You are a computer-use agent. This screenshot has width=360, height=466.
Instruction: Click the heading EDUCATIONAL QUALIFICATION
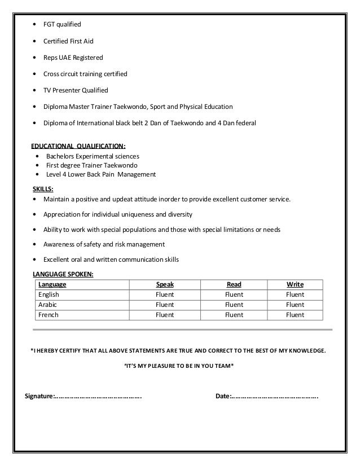point(78,146)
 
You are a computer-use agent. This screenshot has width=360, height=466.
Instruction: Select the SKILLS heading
point(44,190)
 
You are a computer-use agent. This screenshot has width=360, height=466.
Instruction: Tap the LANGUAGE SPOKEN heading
point(64,274)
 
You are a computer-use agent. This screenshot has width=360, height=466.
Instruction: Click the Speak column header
point(165,285)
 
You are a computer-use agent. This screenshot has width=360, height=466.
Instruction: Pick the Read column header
point(234,285)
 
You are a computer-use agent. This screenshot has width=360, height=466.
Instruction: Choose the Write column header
point(295,285)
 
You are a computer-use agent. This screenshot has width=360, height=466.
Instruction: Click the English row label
point(49,294)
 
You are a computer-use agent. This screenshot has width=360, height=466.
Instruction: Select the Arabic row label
point(47,305)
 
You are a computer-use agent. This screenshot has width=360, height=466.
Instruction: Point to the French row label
point(48,315)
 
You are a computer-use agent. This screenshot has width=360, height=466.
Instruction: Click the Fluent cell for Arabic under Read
point(234,305)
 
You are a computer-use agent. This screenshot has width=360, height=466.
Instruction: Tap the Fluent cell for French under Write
point(295,315)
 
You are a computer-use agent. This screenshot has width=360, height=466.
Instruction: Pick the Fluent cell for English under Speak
point(165,294)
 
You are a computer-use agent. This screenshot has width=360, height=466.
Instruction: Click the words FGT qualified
point(62,24)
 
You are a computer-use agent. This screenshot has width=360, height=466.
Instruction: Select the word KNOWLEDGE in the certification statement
point(307,350)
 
